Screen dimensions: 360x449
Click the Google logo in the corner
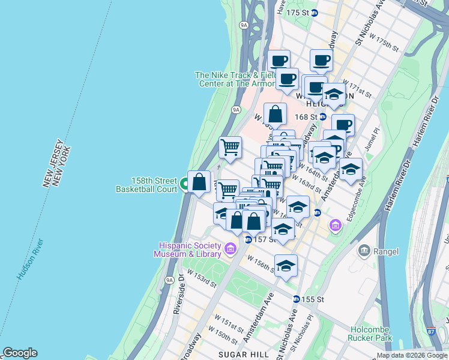(x=20, y=353)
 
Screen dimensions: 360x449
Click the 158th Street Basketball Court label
(x=146, y=184)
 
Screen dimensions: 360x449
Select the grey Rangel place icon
(x=364, y=250)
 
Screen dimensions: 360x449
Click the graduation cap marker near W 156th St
(x=286, y=266)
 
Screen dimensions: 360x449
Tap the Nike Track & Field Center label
(x=232, y=79)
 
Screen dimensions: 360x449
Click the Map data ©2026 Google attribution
(x=412, y=355)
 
